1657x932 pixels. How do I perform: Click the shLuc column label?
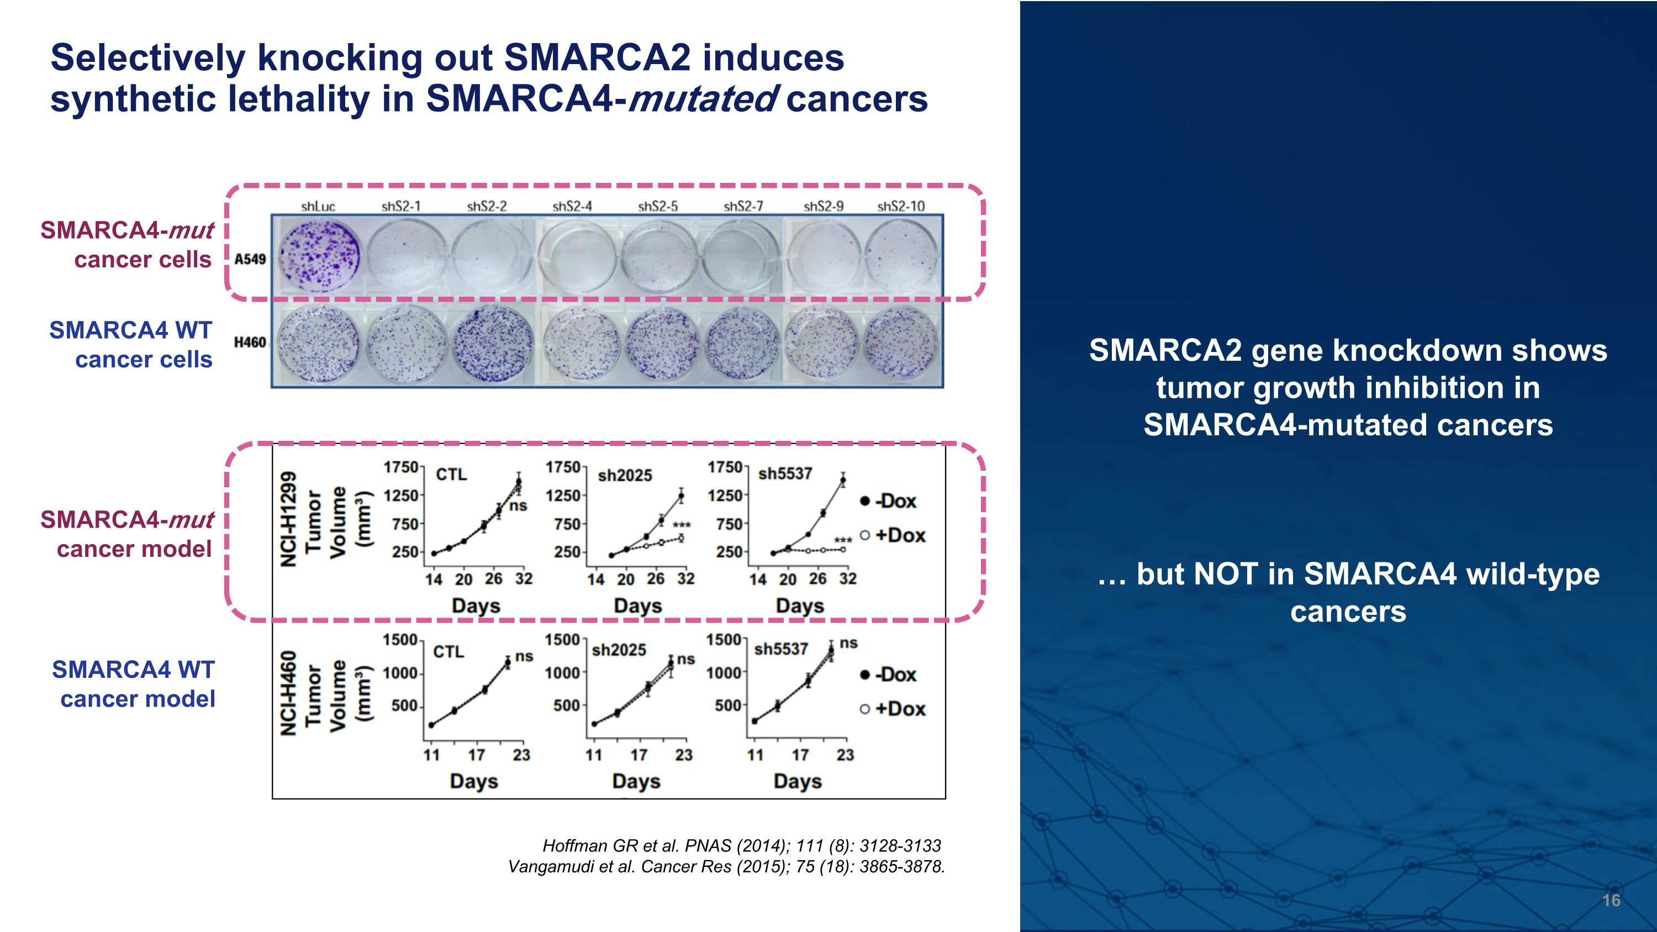318,207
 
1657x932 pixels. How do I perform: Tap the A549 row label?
250,259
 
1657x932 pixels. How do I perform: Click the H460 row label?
250,342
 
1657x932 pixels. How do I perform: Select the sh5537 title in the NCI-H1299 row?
785,474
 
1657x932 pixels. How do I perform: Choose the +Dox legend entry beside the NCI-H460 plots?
893,709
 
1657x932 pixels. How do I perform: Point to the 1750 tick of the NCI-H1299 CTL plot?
401,467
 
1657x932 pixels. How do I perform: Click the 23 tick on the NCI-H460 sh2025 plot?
683,755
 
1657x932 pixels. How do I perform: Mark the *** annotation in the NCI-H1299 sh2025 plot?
681,525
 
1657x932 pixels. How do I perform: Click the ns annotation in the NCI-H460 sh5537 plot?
848,643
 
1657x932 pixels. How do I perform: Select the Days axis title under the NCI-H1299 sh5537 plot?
800,606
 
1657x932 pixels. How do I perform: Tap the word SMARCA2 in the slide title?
597,58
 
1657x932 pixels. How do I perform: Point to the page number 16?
1611,900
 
